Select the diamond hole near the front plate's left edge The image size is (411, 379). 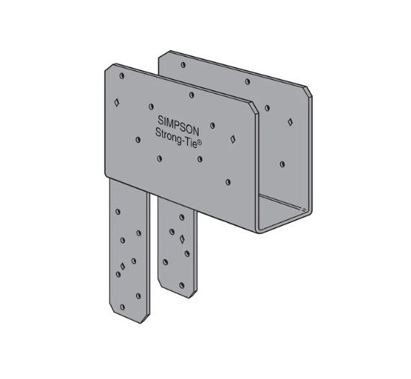coord(116,101)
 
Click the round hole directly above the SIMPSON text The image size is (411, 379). coord(193,95)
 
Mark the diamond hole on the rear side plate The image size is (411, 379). coord(288,120)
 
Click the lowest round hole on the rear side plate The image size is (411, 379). coord(282,163)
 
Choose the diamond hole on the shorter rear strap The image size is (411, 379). coord(182,238)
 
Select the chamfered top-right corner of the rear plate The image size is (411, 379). coord(308,91)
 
